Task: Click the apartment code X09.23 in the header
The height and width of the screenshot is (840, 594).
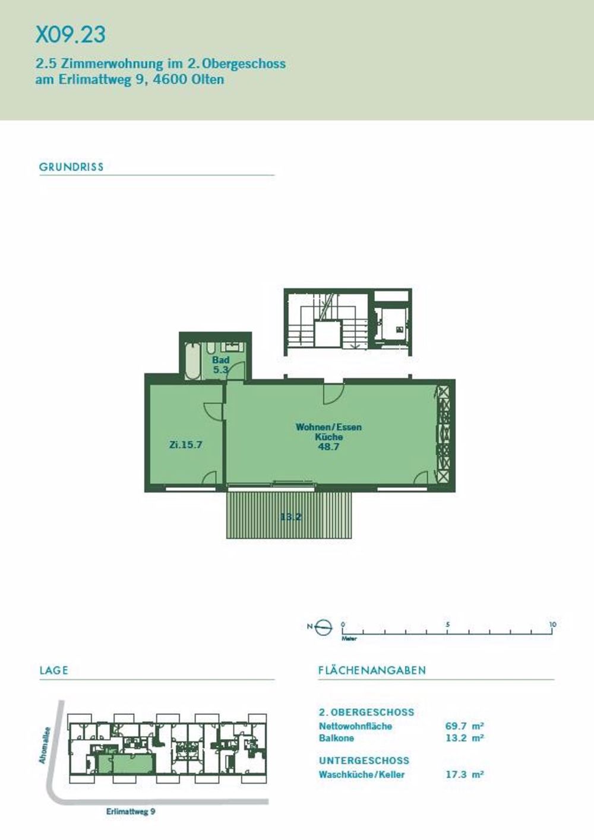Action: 71,34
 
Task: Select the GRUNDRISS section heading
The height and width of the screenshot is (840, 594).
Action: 71,167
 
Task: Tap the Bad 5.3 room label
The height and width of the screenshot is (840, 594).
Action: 221,365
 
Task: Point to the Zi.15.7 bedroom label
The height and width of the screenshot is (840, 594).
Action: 185,444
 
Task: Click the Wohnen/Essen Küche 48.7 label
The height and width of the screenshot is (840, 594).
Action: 328,437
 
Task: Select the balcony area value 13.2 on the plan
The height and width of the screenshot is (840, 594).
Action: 290,517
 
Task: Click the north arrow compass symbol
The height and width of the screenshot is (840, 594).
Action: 324,627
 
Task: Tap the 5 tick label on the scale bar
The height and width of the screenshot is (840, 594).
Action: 448,625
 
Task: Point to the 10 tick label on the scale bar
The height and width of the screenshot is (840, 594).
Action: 552,625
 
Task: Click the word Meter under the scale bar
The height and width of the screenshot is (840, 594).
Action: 349,639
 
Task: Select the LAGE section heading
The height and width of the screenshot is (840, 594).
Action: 54,670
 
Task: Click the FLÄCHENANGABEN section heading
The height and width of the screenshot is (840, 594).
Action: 372,670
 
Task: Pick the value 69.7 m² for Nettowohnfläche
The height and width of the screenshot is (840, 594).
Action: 464,726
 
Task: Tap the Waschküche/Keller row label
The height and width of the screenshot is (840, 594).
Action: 361,774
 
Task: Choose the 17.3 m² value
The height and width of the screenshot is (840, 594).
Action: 464,774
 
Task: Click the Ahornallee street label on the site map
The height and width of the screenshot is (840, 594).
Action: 43,744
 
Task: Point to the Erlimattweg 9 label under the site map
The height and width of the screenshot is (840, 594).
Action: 131,812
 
